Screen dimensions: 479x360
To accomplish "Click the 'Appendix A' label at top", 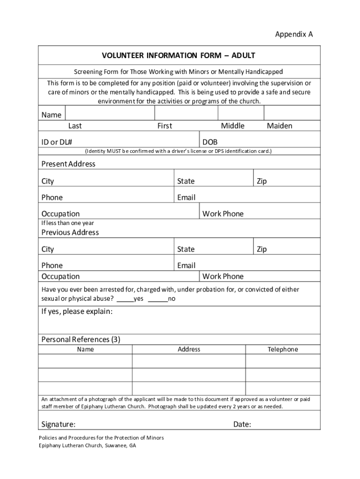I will (x=294, y=34).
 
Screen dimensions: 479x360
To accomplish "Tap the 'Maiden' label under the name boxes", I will (x=280, y=126).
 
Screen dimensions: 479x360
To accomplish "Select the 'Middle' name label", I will (x=232, y=126).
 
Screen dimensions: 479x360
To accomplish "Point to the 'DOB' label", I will (x=210, y=142).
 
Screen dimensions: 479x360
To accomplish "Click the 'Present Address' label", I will (x=68, y=164).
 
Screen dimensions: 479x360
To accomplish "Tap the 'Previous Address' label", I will (x=70, y=232).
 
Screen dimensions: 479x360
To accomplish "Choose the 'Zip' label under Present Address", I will (x=261, y=181).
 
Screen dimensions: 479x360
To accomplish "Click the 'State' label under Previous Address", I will (x=186, y=249).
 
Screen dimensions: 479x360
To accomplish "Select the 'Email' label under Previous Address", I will (x=186, y=266).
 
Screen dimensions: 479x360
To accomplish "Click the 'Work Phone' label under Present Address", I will (x=223, y=214).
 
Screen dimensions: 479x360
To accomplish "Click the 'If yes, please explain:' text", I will (x=77, y=312).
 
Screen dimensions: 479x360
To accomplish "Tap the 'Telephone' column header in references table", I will (x=282, y=349).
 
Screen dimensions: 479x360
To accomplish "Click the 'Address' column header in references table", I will (x=189, y=349).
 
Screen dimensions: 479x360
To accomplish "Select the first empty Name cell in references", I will (x=85, y=362).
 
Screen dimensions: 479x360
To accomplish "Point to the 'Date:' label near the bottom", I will (x=242, y=424).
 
